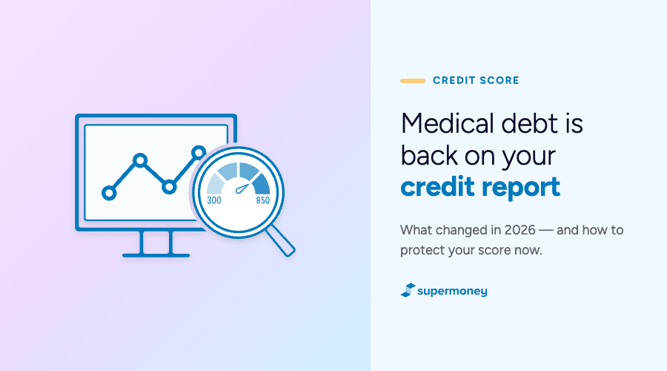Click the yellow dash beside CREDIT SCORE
tap(413, 80)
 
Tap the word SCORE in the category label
tap(500, 80)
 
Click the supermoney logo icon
tap(408, 290)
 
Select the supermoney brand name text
tap(452, 292)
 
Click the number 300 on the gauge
tap(214, 200)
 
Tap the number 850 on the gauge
tap(263, 200)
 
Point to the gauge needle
tap(242, 188)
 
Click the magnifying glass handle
tap(281, 240)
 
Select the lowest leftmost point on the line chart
tap(109, 193)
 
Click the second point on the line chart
tap(140, 160)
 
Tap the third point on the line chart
tap(169, 187)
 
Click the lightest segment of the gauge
tap(215, 185)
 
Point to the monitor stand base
tap(156, 255)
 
